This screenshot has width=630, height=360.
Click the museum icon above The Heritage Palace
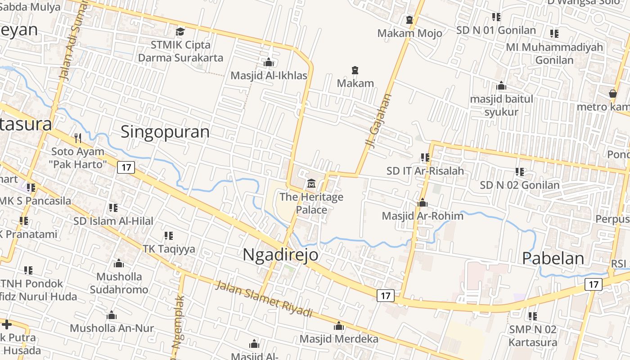pyautogui.click(x=311, y=183)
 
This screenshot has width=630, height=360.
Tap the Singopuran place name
pyautogui.click(x=165, y=132)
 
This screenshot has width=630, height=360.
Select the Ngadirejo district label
pyautogui.click(x=280, y=255)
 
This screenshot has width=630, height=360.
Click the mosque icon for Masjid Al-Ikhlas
pyautogui.click(x=269, y=62)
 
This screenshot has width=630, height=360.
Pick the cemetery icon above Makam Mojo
pyautogui.click(x=409, y=20)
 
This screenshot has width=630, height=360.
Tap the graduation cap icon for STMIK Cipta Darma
pyautogui.click(x=180, y=31)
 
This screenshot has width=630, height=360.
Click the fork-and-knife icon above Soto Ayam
pyautogui.click(x=78, y=137)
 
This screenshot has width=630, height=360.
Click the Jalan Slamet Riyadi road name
pyautogui.click(x=263, y=298)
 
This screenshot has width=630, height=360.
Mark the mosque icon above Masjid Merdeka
pyautogui.click(x=339, y=326)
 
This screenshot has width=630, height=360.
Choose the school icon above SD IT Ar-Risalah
pyautogui.click(x=425, y=157)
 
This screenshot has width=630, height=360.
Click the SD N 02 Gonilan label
pyautogui.click(x=520, y=185)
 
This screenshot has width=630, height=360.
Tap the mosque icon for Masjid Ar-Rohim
pyautogui.click(x=422, y=202)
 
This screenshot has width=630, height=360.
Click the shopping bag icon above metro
pyautogui.click(x=612, y=94)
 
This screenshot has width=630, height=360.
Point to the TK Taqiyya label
pyautogui.click(x=169, y=249)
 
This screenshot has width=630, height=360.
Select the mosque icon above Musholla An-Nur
pyautogui.click(x=112, y=315)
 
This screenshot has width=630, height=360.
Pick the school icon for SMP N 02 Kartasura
pyautogui.click(x=532, y=316)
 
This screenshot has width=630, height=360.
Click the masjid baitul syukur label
pyautogui.click(x=501, y=105)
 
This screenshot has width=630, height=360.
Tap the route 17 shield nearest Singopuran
pyautogui.click(x=126, y=167)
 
